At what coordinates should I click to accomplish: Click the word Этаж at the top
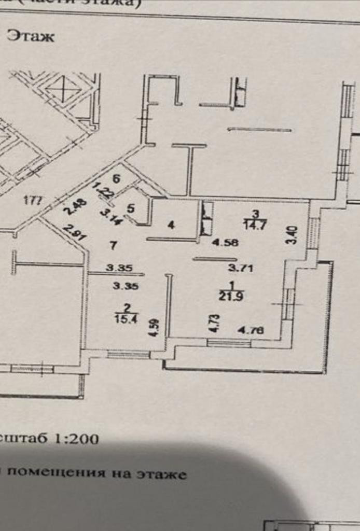(x=30, y=37)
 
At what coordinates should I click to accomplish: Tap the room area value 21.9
(x=229, y=297)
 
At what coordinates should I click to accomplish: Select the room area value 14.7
(x=254, y=224)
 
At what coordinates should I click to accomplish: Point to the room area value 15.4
(x=125, y=319)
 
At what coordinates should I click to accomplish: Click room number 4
(x=171, y=225)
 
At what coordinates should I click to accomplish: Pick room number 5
(x=131, y=208)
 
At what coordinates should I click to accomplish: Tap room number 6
(x=116, y=179)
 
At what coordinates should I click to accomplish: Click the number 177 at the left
(x=33, y=200)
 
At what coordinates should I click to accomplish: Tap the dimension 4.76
(x=251, y=330)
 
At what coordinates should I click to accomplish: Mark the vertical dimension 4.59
(x=153, y=327)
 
